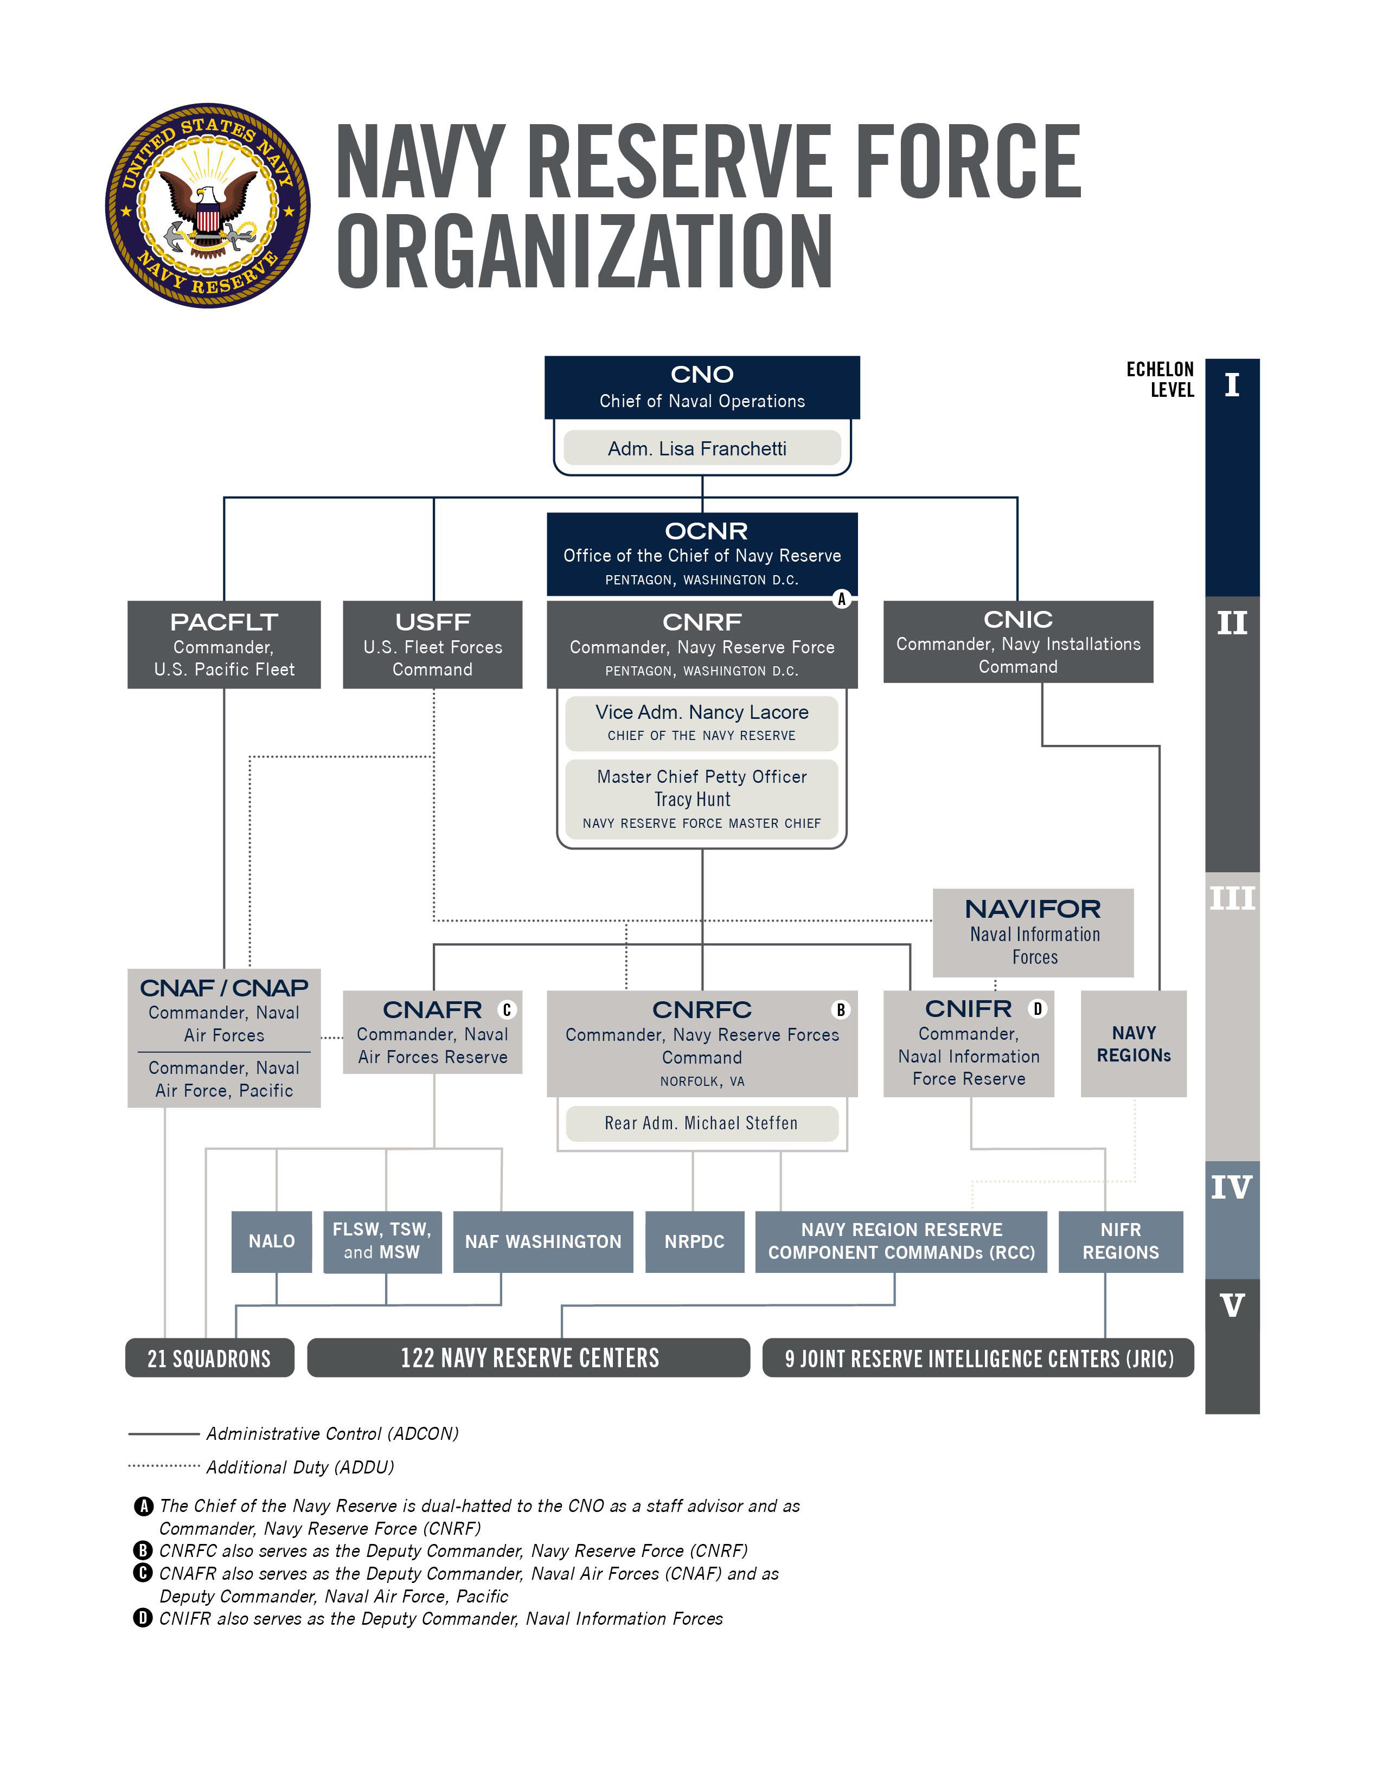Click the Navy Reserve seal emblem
tap(207, 205)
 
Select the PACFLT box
tap(223, 645)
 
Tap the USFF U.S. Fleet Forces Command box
tap(433, 645)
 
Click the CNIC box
tap(1017, 642)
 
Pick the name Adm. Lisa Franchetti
tap(697, 449)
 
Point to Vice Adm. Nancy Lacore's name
tap(702, 713)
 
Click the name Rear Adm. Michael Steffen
tap(701, 1123)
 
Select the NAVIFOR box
tap(1033, 932)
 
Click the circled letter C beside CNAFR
tap(507, 1010)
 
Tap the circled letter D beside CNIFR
tap(1038, 1009)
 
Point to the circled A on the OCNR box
tap(841, 599)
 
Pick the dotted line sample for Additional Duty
tap(164, 1465)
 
